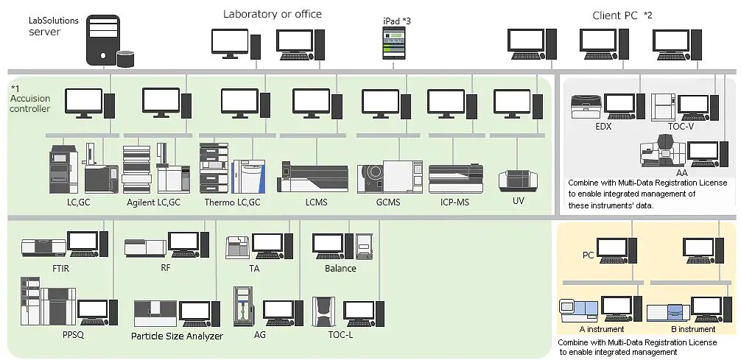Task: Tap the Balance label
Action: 340,269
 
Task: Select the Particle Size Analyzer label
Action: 177,336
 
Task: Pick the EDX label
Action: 603,127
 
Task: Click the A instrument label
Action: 601,329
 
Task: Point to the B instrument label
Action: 691,329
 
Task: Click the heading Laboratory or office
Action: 273,14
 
